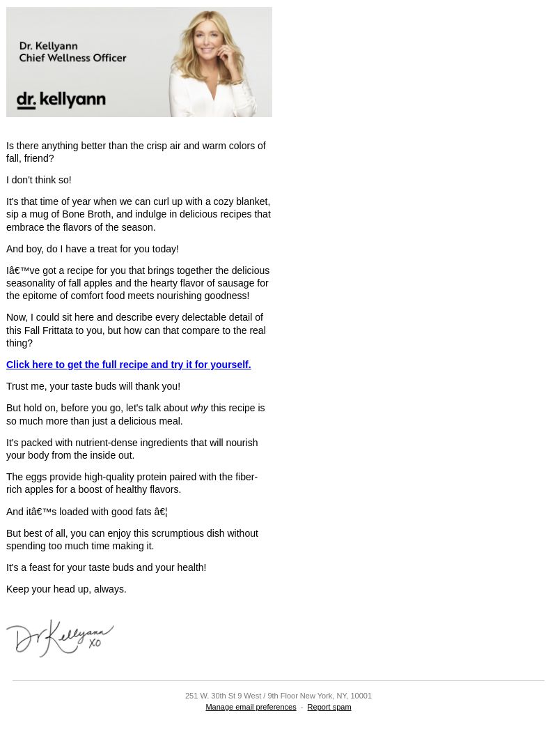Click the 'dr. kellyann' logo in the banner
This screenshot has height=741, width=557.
click(x=61, y=100)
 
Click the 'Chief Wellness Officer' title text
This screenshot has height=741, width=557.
click(x=72, y=58)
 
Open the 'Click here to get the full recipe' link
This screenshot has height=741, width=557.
click(x=128, y=365)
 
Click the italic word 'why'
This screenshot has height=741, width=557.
click(x=199, y=408)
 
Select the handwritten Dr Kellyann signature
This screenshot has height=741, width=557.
click(x=60, y=638)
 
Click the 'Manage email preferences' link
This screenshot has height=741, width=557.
click(x=251, y=707)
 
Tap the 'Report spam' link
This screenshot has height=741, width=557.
click(x=329, y=707)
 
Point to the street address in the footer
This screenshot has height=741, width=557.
click(x=278, y=696)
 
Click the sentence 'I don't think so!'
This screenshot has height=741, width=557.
click(x=39, y=180)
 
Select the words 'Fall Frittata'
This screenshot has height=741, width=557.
click(x=49, y=330)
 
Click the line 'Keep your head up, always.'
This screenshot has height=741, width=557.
click(x=66, y=589)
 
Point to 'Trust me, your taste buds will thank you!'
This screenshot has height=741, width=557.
click(x=93, y=386)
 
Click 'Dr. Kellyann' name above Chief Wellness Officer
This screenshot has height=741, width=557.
click(x=48, y=46)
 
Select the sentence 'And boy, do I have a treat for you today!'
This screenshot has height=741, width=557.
click(x=93, y=249)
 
